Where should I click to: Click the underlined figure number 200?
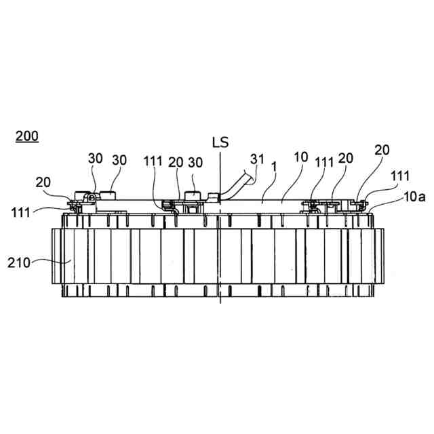point(27,135)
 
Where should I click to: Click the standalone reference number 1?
point(273,164)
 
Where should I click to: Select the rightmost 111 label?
point(400,176)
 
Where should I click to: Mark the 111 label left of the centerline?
point(153,161)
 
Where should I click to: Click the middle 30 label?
point(119,159)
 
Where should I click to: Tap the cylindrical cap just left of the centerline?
point(192,197)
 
